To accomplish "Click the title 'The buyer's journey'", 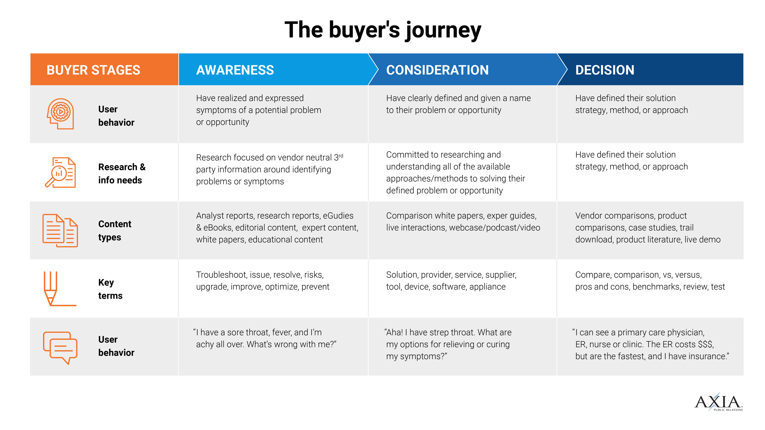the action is coord(382,30).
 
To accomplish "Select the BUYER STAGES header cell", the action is coord(104,69).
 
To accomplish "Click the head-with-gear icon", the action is coord(60,114).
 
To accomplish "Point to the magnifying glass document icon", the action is coord(60,172).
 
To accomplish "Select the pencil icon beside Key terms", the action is coord(60,289).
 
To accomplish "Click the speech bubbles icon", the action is coord(60,348).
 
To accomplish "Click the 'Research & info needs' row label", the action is coord(122,174).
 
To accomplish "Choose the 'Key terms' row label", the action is coord(110,289).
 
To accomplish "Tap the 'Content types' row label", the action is coord(115,231).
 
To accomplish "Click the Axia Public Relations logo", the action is coord(718,402).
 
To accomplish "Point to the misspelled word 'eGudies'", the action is coord(338,215).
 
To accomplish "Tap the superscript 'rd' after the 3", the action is coord(341,155).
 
